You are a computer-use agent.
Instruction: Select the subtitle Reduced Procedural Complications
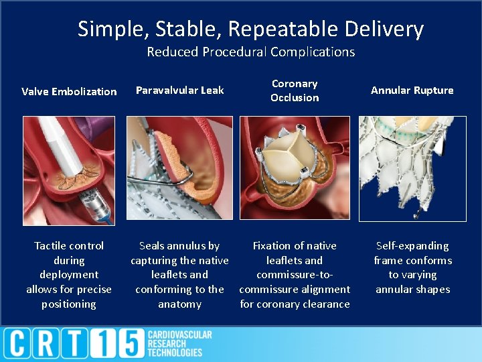[x=250, y=52]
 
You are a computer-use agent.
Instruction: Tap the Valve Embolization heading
[x=69, y=91]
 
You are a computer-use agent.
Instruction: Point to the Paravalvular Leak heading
[x=180, y=90]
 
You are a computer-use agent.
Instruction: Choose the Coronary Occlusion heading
[x=295, y=90]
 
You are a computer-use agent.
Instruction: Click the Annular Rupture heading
[x=412, y=90]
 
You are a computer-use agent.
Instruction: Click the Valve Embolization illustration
[x=69, y=169]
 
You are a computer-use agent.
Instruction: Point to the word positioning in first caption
[x=69, y=304]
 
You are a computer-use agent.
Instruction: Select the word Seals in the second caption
[x=154, y=246]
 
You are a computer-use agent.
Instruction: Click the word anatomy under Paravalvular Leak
[x=179, y=304]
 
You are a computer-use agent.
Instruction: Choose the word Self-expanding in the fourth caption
[x=412, y=246]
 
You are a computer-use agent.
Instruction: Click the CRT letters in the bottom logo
[x=50, y=344]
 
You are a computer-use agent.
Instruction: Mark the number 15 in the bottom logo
[x=122, y=344]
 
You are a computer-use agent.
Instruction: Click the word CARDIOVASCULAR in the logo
[x=179, y=335]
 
